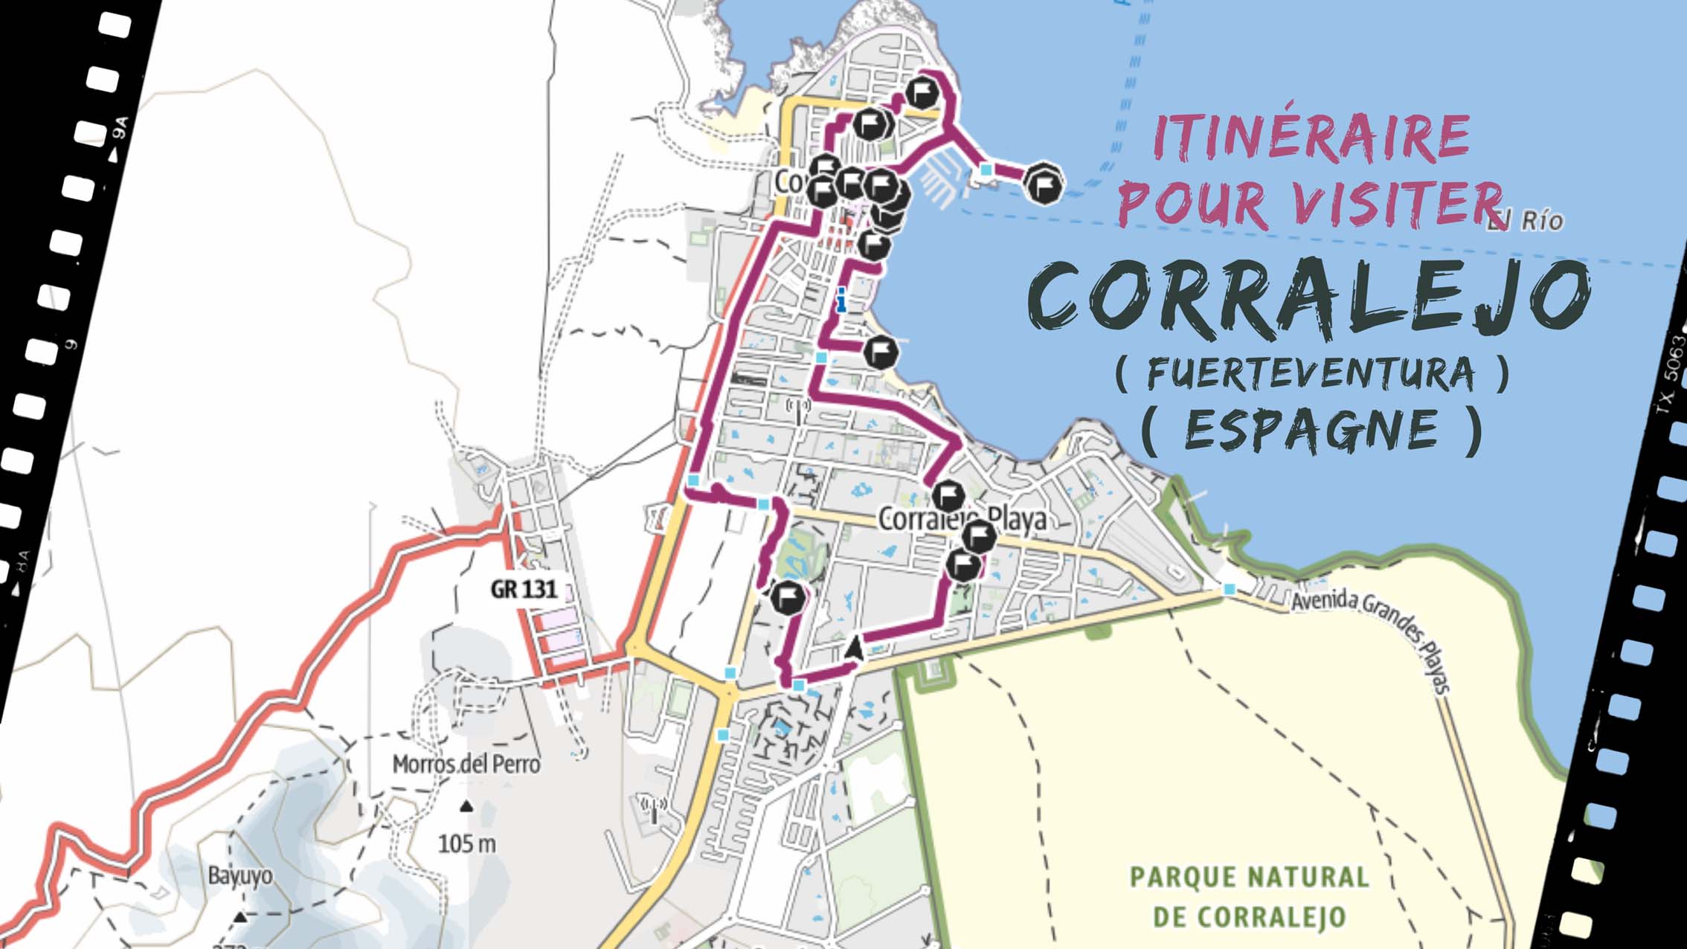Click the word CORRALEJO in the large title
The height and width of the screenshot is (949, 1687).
(1309, 296)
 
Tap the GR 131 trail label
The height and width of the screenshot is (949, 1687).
(524, 590)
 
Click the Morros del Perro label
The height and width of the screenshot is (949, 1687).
(466, 764)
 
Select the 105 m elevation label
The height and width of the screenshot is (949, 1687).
(466, 843)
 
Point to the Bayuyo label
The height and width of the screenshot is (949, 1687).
(240, 875)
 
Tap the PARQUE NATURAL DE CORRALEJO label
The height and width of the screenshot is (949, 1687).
(1250, 896)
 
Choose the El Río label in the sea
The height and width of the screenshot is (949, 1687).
(1525, 220)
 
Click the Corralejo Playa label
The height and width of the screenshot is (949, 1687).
(963, 519)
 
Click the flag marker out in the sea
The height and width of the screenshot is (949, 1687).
(1043, 183)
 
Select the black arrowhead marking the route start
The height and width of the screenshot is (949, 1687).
(855, 649)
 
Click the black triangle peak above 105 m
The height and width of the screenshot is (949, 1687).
(466, 806)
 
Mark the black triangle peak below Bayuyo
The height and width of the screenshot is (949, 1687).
(240, 917)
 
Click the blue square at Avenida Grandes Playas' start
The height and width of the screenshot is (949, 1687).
(1230, 589)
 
